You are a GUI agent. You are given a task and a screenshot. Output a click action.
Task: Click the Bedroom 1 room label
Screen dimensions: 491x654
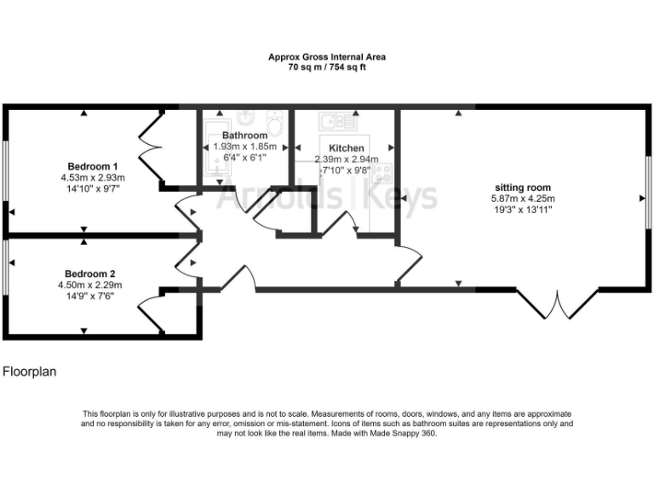point(92,165)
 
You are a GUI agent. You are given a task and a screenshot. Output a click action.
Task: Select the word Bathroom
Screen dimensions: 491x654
point(244,136)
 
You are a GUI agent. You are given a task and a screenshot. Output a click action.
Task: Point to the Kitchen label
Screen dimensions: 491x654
point(347,148)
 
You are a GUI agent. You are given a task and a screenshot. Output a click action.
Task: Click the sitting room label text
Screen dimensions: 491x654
point(523,188)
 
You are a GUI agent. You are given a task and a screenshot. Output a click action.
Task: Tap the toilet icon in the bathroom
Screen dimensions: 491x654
point(272,118)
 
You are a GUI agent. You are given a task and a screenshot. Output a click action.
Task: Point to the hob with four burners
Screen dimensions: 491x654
point(383,173)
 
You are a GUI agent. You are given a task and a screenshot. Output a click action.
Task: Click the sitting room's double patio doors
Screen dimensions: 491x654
point(558,303)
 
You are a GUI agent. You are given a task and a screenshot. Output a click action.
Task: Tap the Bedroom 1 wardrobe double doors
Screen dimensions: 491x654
point(149,147)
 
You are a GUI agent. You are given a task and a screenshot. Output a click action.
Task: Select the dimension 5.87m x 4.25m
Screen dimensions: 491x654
point(523,199)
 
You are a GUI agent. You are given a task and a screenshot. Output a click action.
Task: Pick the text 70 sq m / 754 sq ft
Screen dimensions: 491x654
point(327,66)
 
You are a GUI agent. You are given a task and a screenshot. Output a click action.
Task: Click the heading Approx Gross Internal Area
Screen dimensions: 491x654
point(327,57)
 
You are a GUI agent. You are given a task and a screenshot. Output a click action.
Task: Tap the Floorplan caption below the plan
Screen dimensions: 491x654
point(29,372)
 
